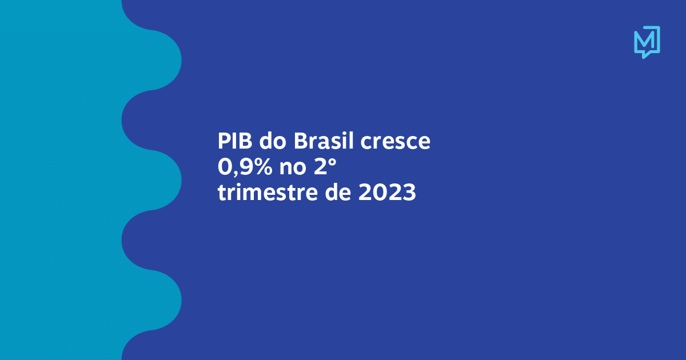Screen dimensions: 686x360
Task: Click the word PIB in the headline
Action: pos(235,141)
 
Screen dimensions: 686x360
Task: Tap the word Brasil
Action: pos(324,141)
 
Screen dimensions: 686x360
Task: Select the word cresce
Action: pos(396,142)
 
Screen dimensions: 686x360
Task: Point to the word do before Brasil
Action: pos(273,141)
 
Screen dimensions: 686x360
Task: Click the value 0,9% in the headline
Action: pos(245,167)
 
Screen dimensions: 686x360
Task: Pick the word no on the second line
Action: pos(293,169)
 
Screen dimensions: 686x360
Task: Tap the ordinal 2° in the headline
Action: pos(325,167)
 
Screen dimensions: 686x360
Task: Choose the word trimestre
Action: pos(268,193)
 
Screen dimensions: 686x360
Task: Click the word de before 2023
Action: pos(338,192)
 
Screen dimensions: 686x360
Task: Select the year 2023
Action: pos(387,193)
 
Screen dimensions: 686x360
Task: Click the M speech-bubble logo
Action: pos(647,42)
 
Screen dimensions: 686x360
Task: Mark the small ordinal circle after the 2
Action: pos(333,162)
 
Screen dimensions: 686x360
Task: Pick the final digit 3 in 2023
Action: pos(409,193)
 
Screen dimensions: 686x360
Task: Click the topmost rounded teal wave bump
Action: pos(165,60)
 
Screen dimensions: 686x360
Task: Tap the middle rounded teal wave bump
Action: pos(165,180)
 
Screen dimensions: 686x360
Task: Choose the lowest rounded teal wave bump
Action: pos(165,300)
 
